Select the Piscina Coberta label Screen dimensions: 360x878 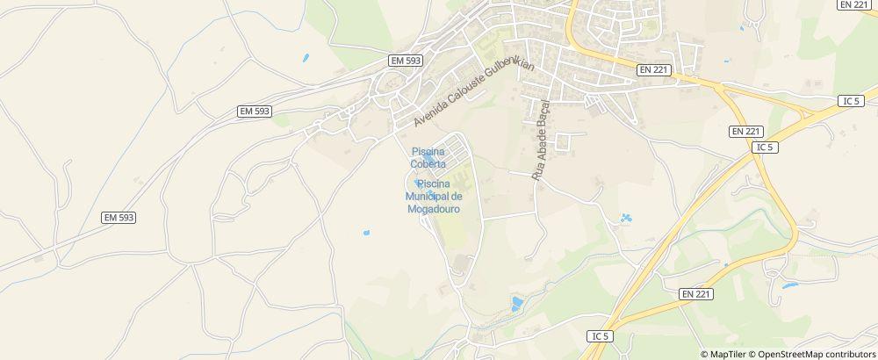(x=428, y=157)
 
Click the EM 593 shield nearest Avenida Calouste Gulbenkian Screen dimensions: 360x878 (x=405, y=61)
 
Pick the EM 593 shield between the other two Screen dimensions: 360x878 (x=255, y=112)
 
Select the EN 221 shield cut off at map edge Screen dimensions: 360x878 (x=854, y=4)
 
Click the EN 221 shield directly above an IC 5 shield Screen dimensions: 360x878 (x=745, y=131)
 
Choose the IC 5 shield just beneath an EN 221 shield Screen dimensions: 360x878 (x=765, y=147)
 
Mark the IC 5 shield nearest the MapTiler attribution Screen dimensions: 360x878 (x=601, y=335)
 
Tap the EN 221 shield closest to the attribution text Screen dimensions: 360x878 (x=696, y=293)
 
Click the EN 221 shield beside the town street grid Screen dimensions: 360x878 (x=653, y=68)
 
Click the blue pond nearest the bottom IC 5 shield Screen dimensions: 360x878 (x=516, y=304)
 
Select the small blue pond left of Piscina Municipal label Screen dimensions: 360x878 (x=365, y=233)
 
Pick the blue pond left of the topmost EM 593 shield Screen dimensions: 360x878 (x=306, y=59)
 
